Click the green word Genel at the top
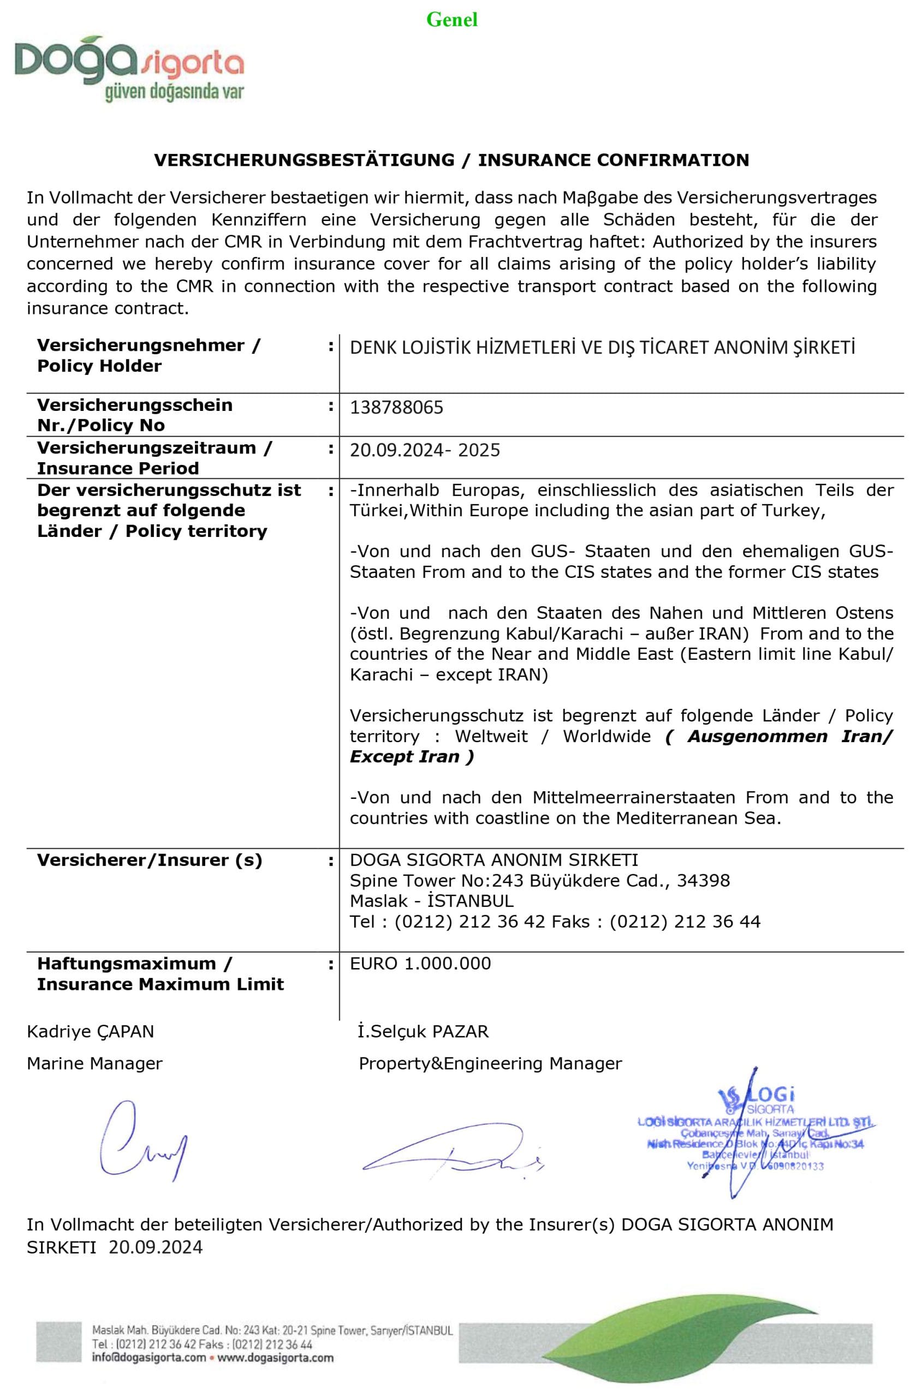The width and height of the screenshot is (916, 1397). pos(451,20)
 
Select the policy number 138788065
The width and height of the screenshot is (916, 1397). pos(396,407)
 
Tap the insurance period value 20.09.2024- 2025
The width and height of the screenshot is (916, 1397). pos(425,450)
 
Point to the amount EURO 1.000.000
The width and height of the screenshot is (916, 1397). pos(420,963)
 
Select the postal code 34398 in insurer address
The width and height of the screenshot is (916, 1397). pos(703,880)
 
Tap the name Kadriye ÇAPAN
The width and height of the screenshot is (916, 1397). pos(91,1031)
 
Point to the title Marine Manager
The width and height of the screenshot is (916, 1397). pos(94,1063)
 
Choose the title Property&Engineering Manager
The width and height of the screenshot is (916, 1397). pos(490,1063)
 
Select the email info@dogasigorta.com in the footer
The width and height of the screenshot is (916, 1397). pos(149,1358)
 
